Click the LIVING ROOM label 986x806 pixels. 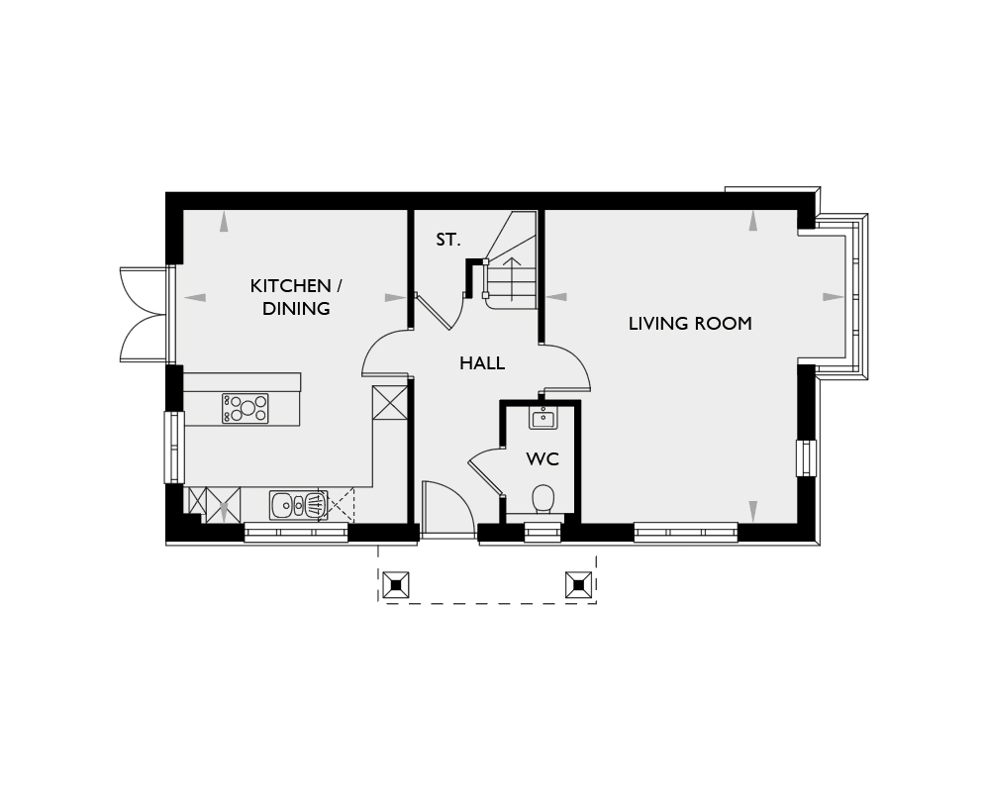pyautogui.click(x=690, y=324)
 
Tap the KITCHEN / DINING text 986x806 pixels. pyautogui.click(x=296, y=297)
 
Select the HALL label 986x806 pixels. pyautogui.click(x=482, y=363)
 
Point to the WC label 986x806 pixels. pyautogui.click(x=542, y=459)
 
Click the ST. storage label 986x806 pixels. pyautogui.click(x=448, y=240)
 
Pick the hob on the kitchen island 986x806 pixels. pyautogui.click(x=245, y=408)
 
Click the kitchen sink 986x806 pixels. pyautogui.click(x=299, y=505)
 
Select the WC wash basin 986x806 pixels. pyautogui.click(x=542, y=418)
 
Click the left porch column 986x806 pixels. pyautogui.click(x=396, y=585)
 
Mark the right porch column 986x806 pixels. pyautogui.click(x=578, y=585)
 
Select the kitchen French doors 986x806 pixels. pyautogui.click(x=146, y=315)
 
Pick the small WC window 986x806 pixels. pyautogui.click(x=543, y=534)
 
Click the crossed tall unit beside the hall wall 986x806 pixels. pyautogui.click(x=390, y=403)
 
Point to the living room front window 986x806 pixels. pyautogui.click(x=685, y=533)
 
